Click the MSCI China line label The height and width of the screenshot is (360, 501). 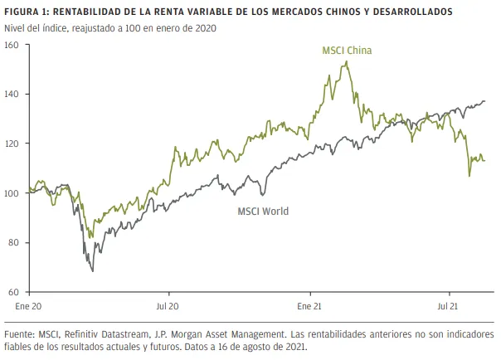[347, 51]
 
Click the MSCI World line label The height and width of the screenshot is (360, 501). [263, 211]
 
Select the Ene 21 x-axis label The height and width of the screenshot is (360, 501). [309, 306]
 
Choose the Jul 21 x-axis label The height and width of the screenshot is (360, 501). [449, 306]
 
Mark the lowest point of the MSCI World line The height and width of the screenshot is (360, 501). [93, 270]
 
